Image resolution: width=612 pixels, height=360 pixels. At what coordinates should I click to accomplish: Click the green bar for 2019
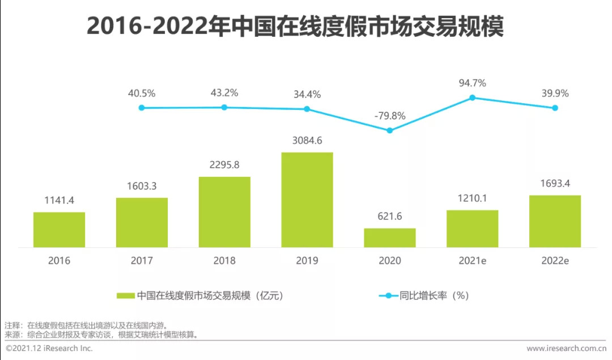[307, 200]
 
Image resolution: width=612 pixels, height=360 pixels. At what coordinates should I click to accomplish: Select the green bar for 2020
[390, 238]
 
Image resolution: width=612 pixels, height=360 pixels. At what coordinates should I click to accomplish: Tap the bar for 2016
[59, 230]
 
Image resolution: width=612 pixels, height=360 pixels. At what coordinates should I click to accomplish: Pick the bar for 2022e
[555, 221]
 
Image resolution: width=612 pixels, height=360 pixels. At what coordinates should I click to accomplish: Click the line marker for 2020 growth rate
[389, 130]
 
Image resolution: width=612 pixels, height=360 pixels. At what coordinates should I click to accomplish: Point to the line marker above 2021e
[472, 98]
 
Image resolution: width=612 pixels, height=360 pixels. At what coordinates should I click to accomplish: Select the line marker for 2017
[142, 107]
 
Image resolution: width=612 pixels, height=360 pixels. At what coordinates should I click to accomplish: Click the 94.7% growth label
[472, 83]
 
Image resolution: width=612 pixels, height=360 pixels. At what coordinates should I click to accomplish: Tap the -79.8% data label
[390, 116]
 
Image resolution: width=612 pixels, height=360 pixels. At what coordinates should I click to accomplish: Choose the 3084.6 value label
[307, 140]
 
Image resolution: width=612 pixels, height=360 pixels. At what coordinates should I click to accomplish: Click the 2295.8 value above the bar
[224, 165]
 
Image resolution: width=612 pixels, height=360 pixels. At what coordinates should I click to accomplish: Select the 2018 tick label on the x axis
[224, 261]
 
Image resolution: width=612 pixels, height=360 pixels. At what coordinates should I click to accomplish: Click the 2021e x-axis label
[472, 261]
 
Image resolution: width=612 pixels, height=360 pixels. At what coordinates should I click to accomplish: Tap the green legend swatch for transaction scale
[125, 295]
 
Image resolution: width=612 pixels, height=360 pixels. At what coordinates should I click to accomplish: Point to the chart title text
[295, 27]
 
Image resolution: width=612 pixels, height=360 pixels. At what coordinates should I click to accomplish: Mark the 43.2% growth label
[224, 92]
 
